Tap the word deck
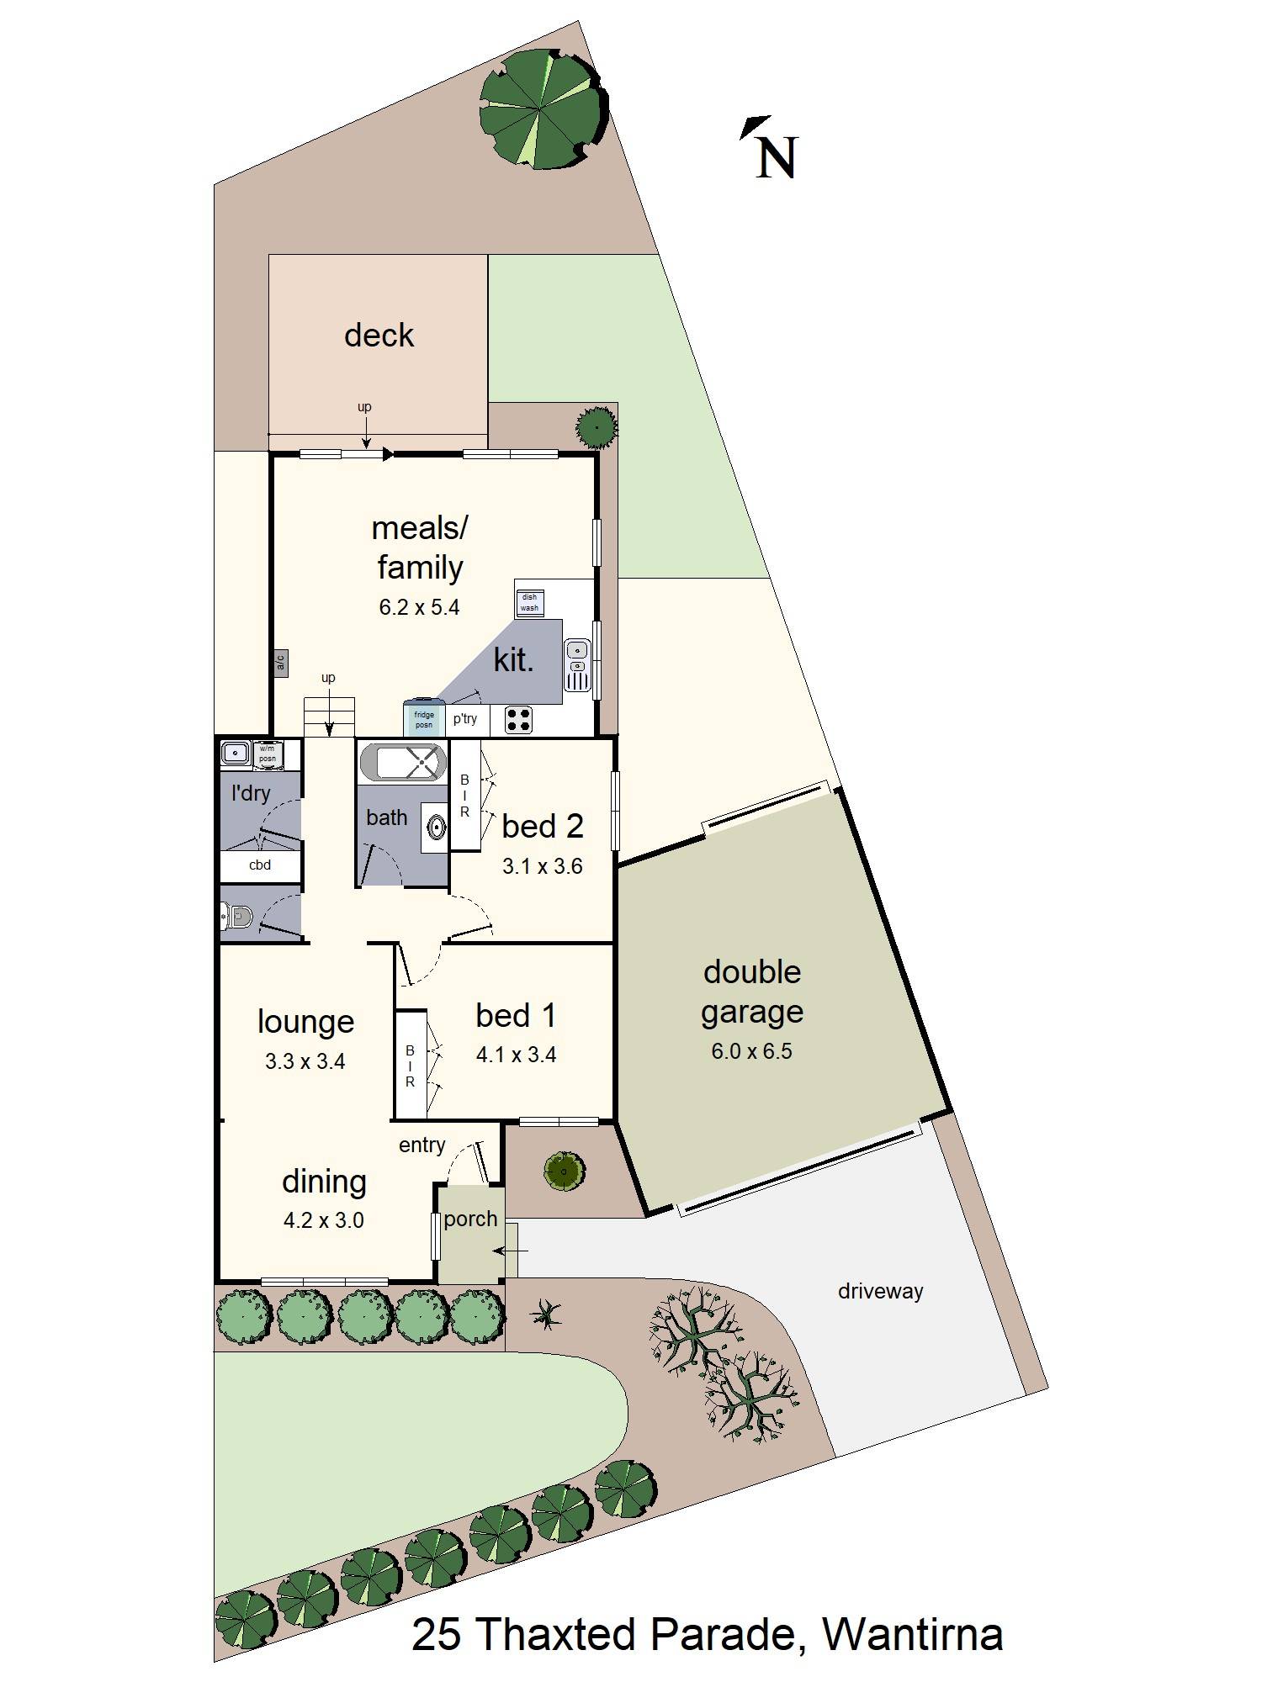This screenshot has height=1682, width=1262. click(x=379, y=335)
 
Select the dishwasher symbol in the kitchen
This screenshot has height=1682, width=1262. click(x=529, y=602)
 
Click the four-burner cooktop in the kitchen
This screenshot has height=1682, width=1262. click(x=518, y=719)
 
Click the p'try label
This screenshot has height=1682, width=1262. click(x=465, y=718)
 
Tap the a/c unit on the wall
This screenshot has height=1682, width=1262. click(x=280, y=663)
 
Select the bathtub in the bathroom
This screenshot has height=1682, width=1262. click(x=403, y=762)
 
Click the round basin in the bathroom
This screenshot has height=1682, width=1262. click(x=437, y=827)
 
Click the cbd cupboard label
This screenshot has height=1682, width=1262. click(x=260, y=865)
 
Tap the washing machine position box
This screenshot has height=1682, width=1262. click(x=268, y=754)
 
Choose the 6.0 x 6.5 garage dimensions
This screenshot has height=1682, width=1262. click(x=751, y=1051)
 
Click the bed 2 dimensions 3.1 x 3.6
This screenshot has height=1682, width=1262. click(x=542, y=866)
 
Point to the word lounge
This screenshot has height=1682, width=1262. click(x=305, y=1022)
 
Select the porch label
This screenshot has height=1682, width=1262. click(x=470, y=1219)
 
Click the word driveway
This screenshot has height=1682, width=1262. click(x=880, y=1291)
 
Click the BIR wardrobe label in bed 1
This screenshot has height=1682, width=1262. click(x=411, y=1066)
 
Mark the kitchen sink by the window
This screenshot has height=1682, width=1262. click(x=576, y=649)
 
